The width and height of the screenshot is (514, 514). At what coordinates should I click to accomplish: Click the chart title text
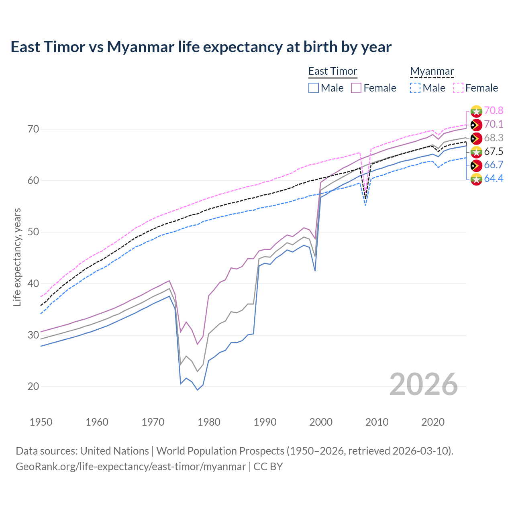[x=201, y=47]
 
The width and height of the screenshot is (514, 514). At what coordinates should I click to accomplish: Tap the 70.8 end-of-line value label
[x=494, y=110]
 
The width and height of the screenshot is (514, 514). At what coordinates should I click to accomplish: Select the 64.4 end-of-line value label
[x=494, y=178]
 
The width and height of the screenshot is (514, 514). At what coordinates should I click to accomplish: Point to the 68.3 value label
[x=494, y=138]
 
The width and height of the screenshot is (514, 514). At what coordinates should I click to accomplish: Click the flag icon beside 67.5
[x=476, y=152]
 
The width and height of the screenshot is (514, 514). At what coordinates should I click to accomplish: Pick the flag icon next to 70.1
[x=476, y=125]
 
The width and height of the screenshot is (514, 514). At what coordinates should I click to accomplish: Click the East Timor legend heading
[x=332, y=71]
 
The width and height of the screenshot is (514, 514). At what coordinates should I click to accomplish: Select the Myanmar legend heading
[x=432, y=71]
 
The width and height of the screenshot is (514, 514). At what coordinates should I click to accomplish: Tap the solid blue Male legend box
[x=314, y=88]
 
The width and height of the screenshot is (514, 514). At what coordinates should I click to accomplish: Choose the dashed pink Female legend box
[x=458, y=88]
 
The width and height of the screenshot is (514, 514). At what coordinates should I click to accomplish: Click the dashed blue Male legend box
[x=415, y=88]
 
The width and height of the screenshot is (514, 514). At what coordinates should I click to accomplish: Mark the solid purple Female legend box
[x=356, y=88]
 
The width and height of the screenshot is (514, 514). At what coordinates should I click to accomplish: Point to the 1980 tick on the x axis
[x=209, y=422]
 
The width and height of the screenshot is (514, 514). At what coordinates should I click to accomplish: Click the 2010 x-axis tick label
[x=377, y=422]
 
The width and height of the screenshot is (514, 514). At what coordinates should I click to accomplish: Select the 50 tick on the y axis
[x=33, y=232]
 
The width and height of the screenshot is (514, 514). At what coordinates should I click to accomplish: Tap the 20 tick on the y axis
[x=33, y=386]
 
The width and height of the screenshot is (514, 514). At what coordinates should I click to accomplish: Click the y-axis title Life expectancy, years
[x=17, y=257]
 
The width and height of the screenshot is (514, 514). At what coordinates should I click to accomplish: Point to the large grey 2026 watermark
[x=424, y=384]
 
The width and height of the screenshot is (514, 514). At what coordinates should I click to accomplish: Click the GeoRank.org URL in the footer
[x=131, y=467]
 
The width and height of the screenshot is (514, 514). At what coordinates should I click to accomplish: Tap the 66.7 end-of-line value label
[x=494, y=165]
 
